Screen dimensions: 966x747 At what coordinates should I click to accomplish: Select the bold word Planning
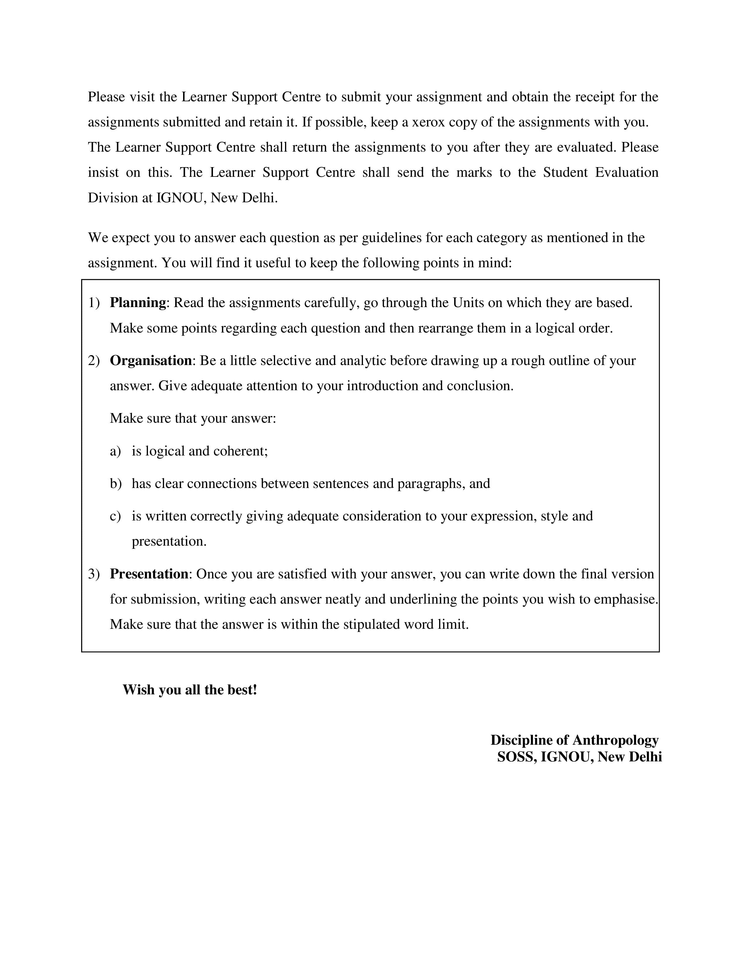point(138,303)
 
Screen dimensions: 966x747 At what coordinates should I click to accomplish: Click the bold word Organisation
point(151,361)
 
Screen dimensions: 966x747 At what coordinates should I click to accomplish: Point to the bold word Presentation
point(149,574)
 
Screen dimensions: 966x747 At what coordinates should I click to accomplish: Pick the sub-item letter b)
point(115,484)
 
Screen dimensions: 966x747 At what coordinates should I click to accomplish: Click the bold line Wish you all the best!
point(190,690)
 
